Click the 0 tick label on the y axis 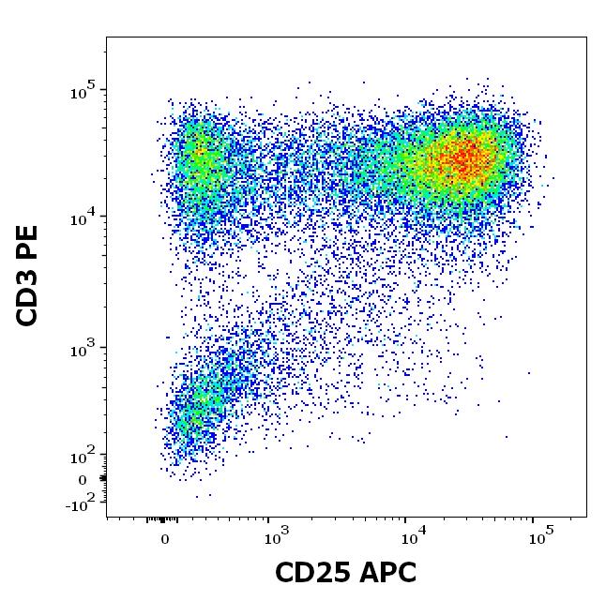(x=82, y=480)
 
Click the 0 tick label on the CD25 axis (x=165, y=539)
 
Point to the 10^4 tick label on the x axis (x=410, y=537)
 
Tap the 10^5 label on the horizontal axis (x=539, y=537)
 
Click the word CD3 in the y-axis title (x=28, y=295)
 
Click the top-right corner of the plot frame (x=586, y=38)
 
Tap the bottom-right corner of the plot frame (x=586, y=516)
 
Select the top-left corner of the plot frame (x=106, y=38)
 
